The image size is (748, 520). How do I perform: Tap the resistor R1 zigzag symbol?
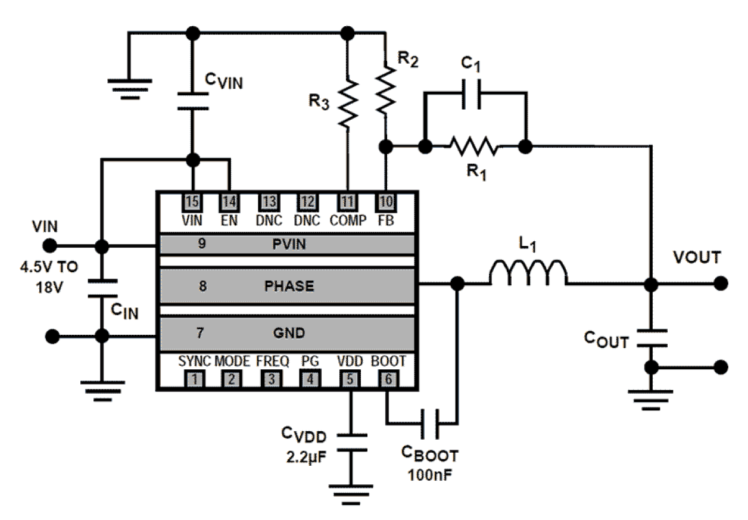[x=474, y=145]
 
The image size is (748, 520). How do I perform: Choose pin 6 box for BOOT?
[x=387, y=378]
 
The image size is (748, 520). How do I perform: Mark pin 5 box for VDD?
[x=349, y=378]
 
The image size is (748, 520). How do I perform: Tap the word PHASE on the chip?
[x=289, y=285]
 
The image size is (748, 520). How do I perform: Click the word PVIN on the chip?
[x=289, y=244]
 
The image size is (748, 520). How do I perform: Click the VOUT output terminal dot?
[x=722, y=284]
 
